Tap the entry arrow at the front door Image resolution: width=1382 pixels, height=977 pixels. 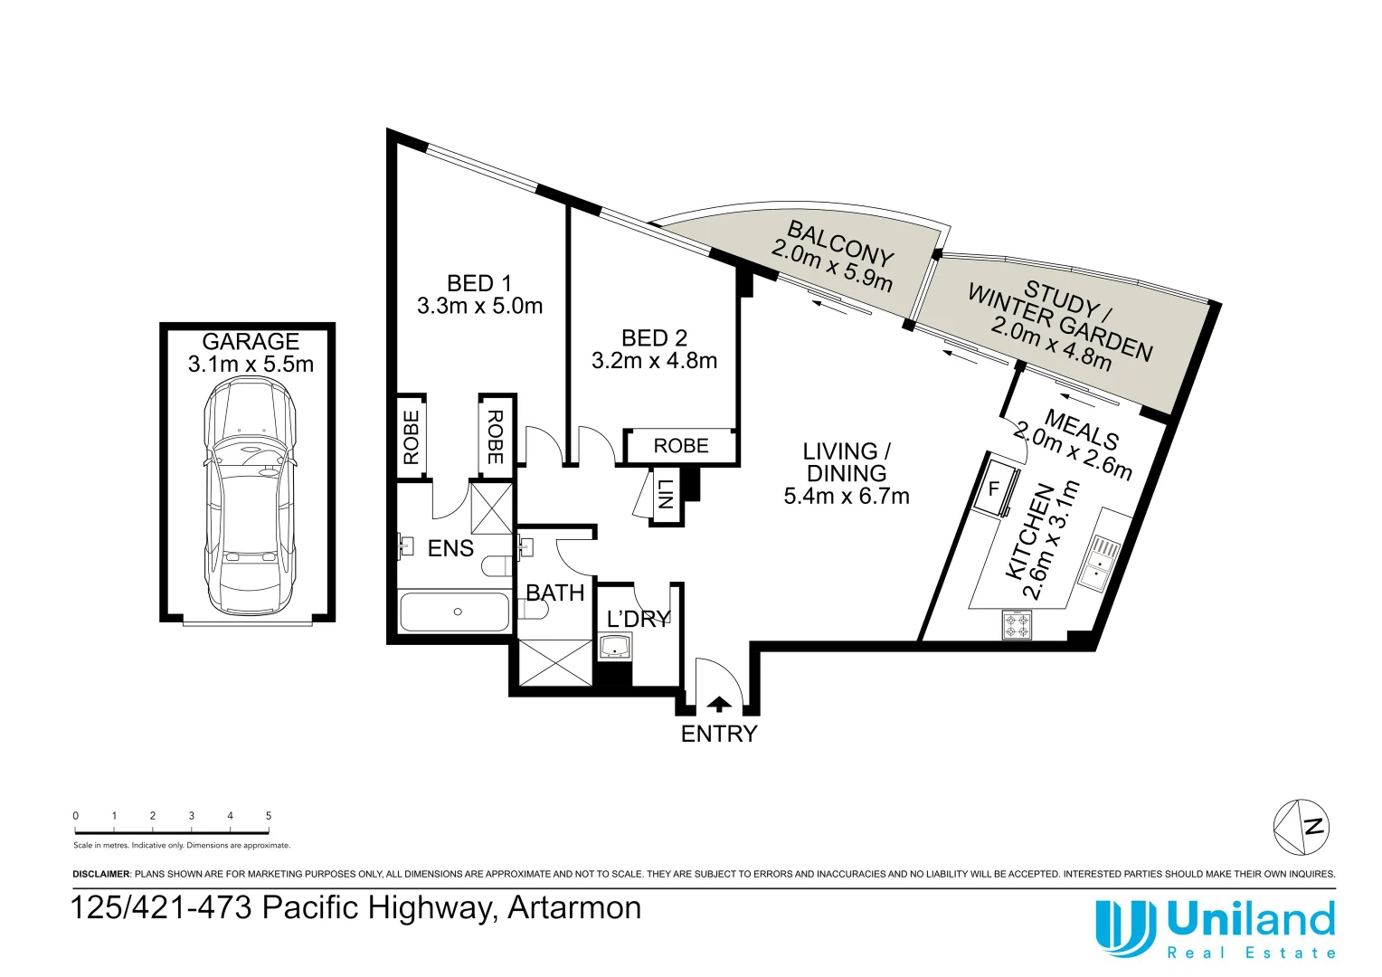tap(719, 704)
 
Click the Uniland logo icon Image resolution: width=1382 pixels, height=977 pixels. tap(1124, 927)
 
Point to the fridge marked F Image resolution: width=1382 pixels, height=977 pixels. tap(995, 489)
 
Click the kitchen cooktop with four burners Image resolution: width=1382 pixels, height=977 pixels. tap(1017, 625)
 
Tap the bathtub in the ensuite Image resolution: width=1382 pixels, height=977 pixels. tap(454, 612)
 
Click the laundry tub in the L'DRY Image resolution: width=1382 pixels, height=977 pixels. tap(616, 647)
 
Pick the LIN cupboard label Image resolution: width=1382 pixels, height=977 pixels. tap(666, 494)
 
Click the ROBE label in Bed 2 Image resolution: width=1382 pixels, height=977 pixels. tap(681, 446)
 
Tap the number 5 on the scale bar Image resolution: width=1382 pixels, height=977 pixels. tap(269, 816)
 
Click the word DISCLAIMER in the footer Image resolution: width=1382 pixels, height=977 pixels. tap(101, 875)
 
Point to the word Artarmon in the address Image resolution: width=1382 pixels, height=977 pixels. tap(574, 907)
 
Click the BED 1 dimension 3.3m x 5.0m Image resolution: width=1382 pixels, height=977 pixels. tap(479, 307)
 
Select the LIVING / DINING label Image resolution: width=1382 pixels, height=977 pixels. tap(847, 462)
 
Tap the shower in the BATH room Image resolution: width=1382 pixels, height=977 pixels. tap(554, 662)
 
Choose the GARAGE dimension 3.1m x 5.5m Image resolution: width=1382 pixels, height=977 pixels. tap(251, 365)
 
